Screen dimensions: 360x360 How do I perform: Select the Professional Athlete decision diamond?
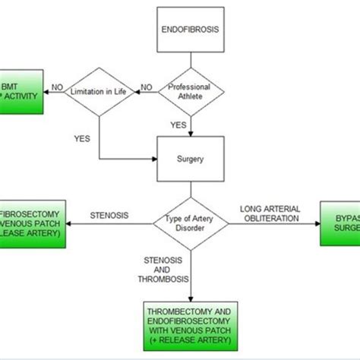tap(189, 92)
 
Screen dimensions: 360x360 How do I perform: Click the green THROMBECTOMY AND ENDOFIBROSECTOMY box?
tap(190, 325)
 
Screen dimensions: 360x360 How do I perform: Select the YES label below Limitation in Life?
tap(83, 139)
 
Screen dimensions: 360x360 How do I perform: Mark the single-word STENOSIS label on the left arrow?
tap(109, 214)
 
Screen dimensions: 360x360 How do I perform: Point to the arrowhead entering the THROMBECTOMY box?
tap(189, 299)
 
